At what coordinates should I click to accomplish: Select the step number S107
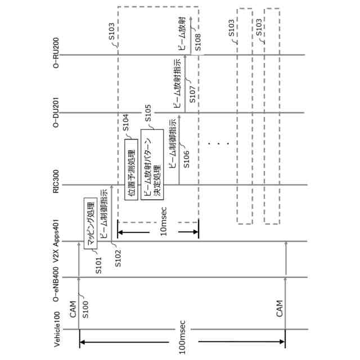click(x=192, y=94)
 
